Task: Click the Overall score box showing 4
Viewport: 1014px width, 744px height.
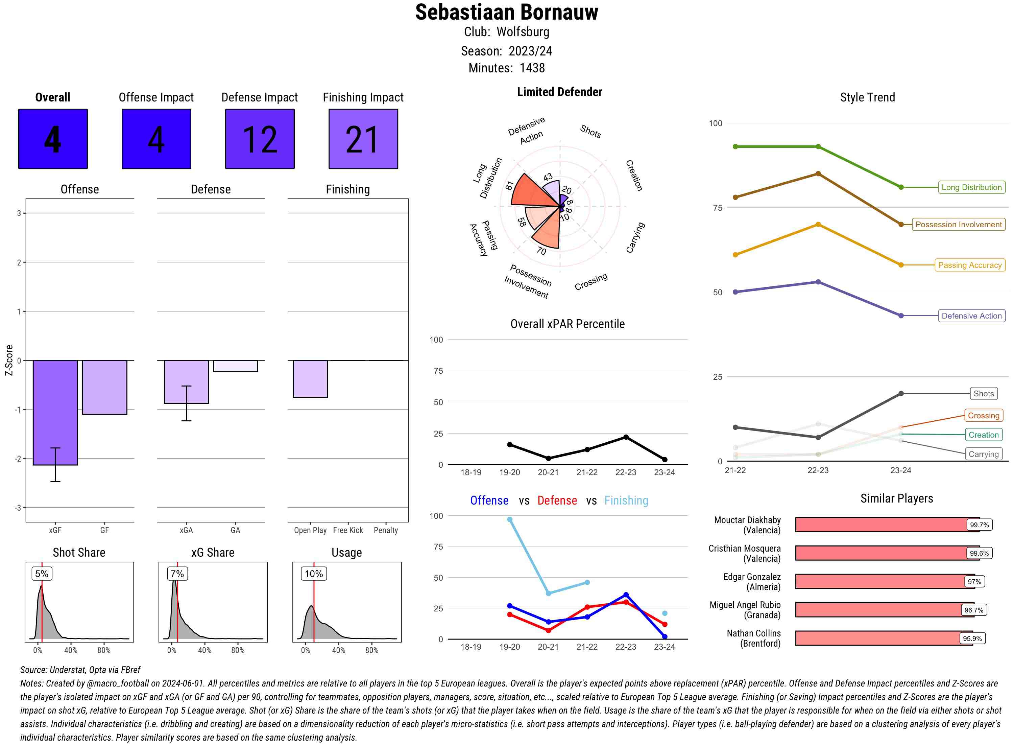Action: click(53, 139)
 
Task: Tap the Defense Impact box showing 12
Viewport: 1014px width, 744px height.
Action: click(260, 139)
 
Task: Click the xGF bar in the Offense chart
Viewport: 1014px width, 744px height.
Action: click(55, 412)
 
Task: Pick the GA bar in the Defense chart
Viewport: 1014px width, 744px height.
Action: click(235, 366)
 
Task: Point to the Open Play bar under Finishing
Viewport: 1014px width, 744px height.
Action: click(310, 378)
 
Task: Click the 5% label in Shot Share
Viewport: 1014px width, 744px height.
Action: click(42, 573)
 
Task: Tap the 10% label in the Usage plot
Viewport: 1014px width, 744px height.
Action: click(314, 573)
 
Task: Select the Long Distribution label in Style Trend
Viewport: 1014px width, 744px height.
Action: click(971, 187)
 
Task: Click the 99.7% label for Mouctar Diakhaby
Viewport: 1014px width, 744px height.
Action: click(979, 525)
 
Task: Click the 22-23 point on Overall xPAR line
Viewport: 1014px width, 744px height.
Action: click(626, 437)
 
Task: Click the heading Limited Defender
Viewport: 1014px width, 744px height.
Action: click(559, 92)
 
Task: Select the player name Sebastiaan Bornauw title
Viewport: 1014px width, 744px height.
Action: click(506, 12)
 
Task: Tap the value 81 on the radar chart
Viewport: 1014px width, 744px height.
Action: click(509, 186)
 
